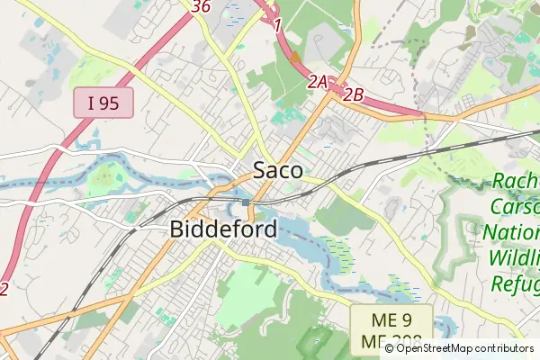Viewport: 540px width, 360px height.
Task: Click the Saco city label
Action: click(x=277, y=170)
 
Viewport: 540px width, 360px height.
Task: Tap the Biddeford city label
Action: click(x=223, y=229)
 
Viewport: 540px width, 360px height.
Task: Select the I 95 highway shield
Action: click(x=103, y=103)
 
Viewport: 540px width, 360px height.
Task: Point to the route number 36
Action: click(x=202, y=6)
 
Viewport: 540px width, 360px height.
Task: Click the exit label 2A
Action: click(x=318, y=82)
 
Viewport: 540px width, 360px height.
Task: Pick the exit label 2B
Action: click(x=352, y=93)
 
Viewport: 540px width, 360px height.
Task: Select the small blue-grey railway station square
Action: click(x=245, y=202)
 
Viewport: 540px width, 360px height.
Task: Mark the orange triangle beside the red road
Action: click(x=294, y=57)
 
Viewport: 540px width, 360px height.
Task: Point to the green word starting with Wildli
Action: click(x=515, y=258)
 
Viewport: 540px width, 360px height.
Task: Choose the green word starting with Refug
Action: click(x=515, y=283)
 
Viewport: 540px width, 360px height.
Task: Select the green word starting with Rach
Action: click(x=516, y=183)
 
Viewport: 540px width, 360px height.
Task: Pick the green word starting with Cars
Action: click(x=515, y=208)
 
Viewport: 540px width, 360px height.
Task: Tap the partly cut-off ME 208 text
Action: click(x=391, y=343)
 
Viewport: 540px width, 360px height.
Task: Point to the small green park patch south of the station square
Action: click(x=258, y=213)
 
